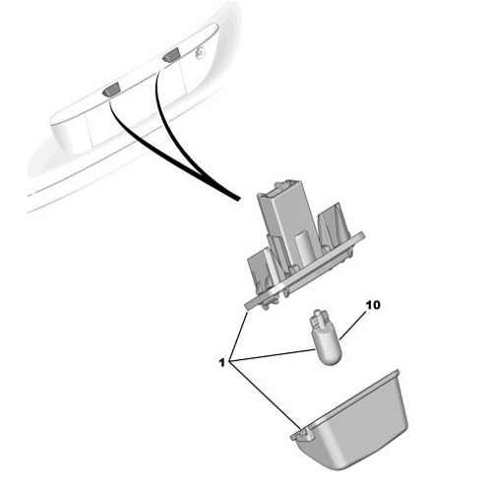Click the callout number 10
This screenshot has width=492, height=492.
(373, 305)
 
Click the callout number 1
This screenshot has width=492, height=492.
(222, 362)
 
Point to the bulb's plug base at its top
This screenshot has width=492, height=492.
(319, 320)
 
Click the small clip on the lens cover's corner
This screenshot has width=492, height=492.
(303, 435)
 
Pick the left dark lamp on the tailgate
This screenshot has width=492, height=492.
(111, 90)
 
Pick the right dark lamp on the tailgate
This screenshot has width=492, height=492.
(171, 55)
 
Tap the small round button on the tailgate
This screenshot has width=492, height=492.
(200, 52)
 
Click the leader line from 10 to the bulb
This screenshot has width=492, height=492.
(353, 326)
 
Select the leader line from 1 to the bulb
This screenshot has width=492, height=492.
(273, 355)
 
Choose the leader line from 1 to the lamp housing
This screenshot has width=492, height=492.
(239, 337)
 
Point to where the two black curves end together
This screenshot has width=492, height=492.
(237, 198)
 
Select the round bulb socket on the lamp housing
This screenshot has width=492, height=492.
(303, 248)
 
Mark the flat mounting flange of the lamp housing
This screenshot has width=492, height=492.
(305, 271)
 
